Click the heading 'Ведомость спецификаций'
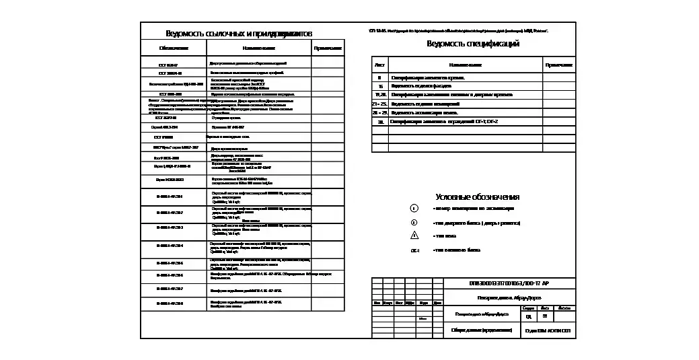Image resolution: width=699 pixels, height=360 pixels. point(473,44)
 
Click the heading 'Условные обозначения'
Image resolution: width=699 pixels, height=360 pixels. point(478,197)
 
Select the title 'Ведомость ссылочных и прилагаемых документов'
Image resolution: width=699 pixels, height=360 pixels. point(239,34)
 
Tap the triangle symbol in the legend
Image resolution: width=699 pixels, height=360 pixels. point(414,236)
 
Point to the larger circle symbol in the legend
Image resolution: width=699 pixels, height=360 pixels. point(414,209)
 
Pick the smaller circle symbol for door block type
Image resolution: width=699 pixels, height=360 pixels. point(414,222)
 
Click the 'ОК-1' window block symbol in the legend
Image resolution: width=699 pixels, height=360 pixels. point(415,250)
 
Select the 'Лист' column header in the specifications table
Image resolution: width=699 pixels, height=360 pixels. point(380,65)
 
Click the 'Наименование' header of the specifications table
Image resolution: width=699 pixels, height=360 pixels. point(466,65)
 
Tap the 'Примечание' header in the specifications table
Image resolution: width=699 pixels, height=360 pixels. point(558,65)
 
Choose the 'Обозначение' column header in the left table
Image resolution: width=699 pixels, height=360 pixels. point(174,48)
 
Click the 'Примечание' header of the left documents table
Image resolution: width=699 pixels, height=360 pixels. point(328,48)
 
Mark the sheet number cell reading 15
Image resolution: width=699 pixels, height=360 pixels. point(380,86)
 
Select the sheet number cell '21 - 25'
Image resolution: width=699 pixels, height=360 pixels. point(380,104)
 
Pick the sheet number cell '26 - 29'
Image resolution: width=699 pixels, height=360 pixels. point(380,113)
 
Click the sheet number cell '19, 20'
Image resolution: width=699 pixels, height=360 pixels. point(380,95)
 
